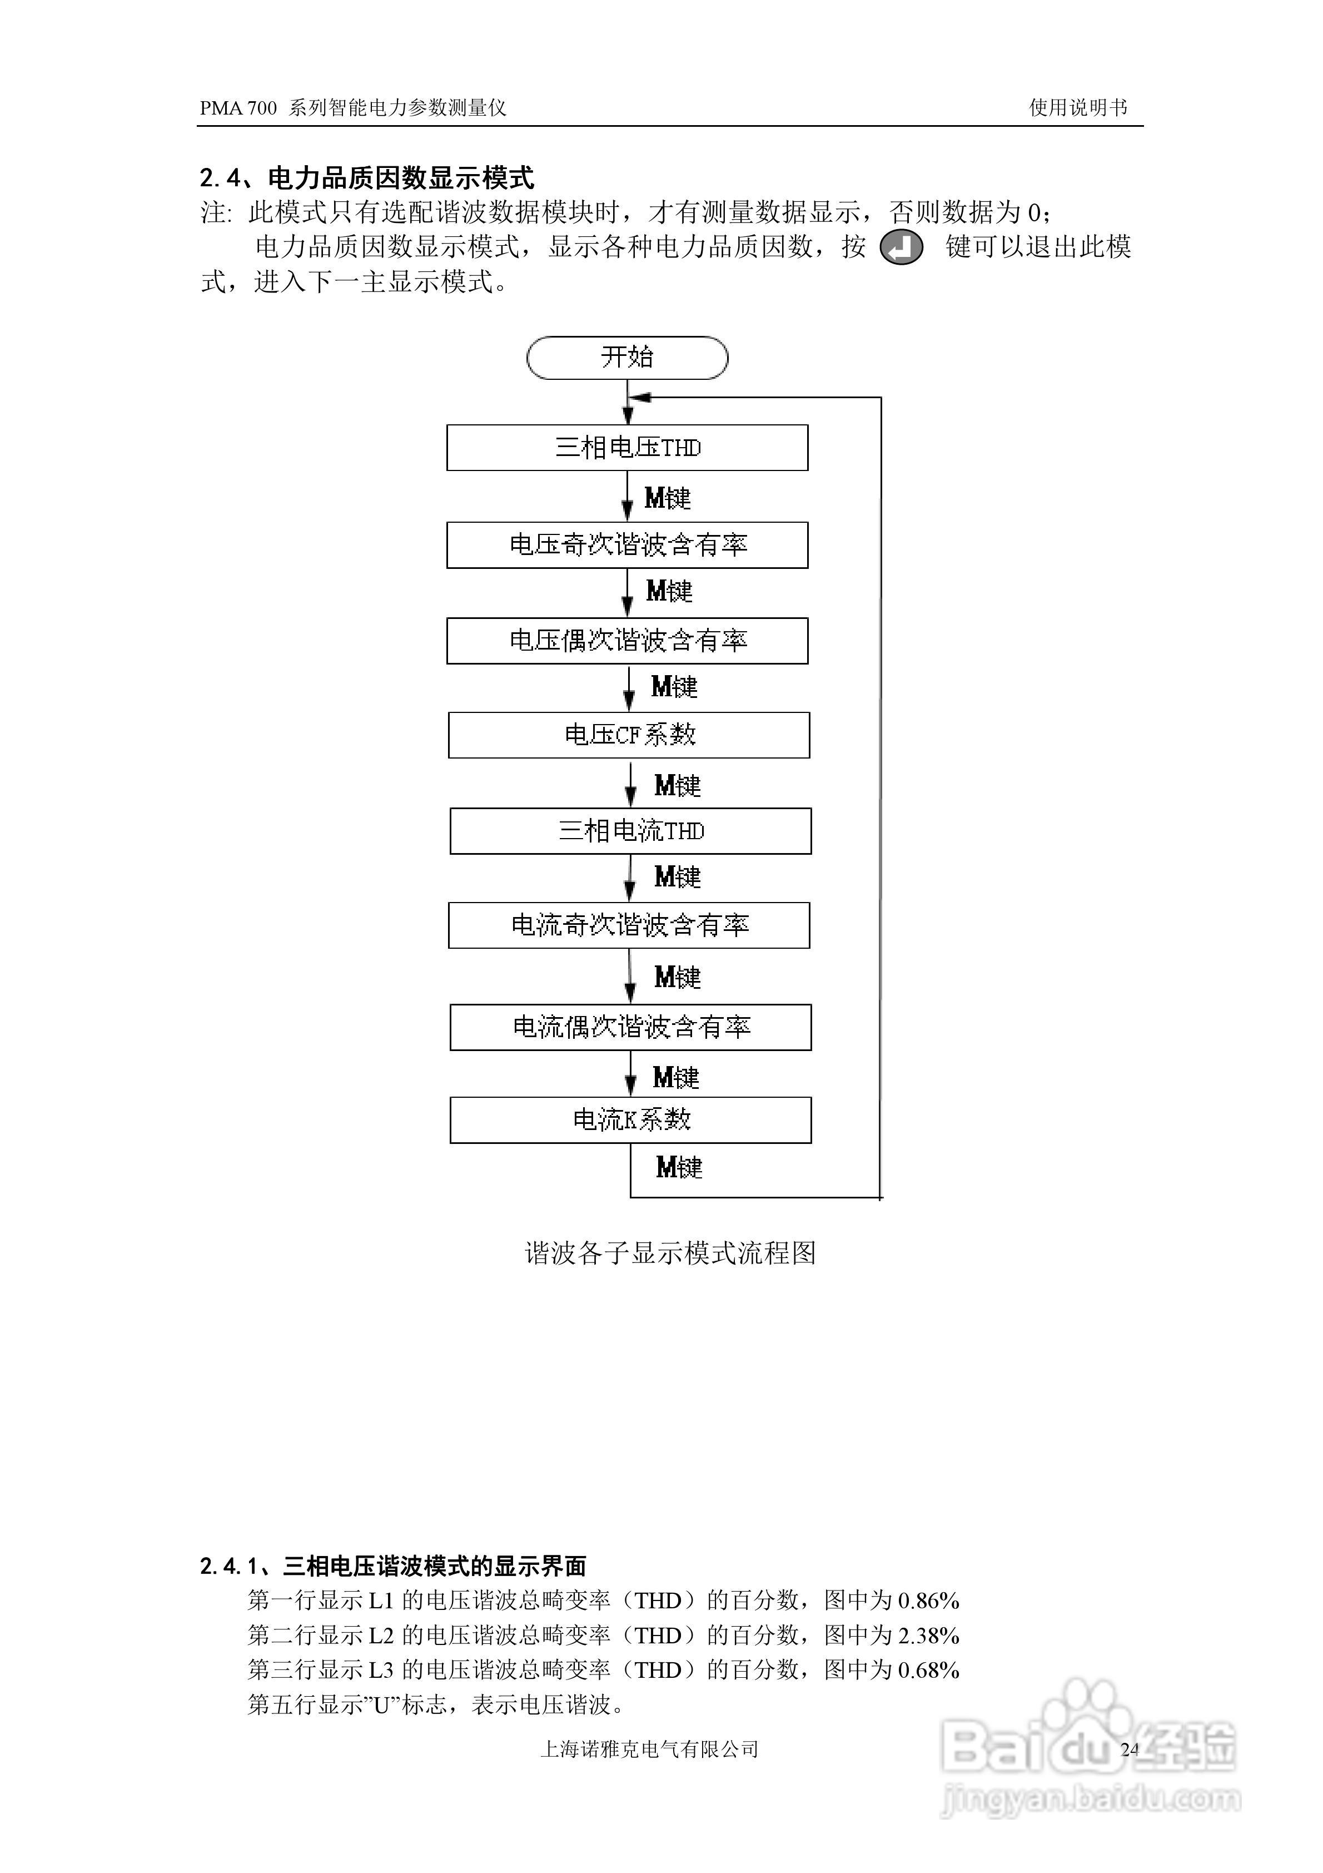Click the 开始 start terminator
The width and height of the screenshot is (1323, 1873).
(626, 358)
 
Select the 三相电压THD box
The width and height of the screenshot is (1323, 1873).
(627, 448)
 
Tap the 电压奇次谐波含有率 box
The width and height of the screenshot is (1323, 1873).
(627, 545)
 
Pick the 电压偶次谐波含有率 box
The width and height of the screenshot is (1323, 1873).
(627, 641)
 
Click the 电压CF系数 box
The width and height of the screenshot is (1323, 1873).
(629, 735)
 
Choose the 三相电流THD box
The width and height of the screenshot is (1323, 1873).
(630, 831)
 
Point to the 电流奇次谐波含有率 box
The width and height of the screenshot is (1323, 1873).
(629, 925)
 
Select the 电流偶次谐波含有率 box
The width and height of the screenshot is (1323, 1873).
(630, 1027)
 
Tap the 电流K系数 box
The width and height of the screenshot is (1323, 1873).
(630, 1120)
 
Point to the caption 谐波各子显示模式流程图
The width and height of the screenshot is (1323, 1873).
(670, 1252)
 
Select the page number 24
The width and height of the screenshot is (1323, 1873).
(1130, 1749)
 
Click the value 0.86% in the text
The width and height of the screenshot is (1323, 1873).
(928, 1601)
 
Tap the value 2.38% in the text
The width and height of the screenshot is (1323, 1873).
(928, 1636)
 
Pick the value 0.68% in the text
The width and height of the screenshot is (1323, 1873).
(928, 1670)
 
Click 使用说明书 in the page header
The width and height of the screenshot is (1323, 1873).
(1077, 108)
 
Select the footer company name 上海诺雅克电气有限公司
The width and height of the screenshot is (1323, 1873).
(649, 1749)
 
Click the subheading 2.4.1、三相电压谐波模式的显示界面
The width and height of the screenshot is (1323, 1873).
(393, 1565)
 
